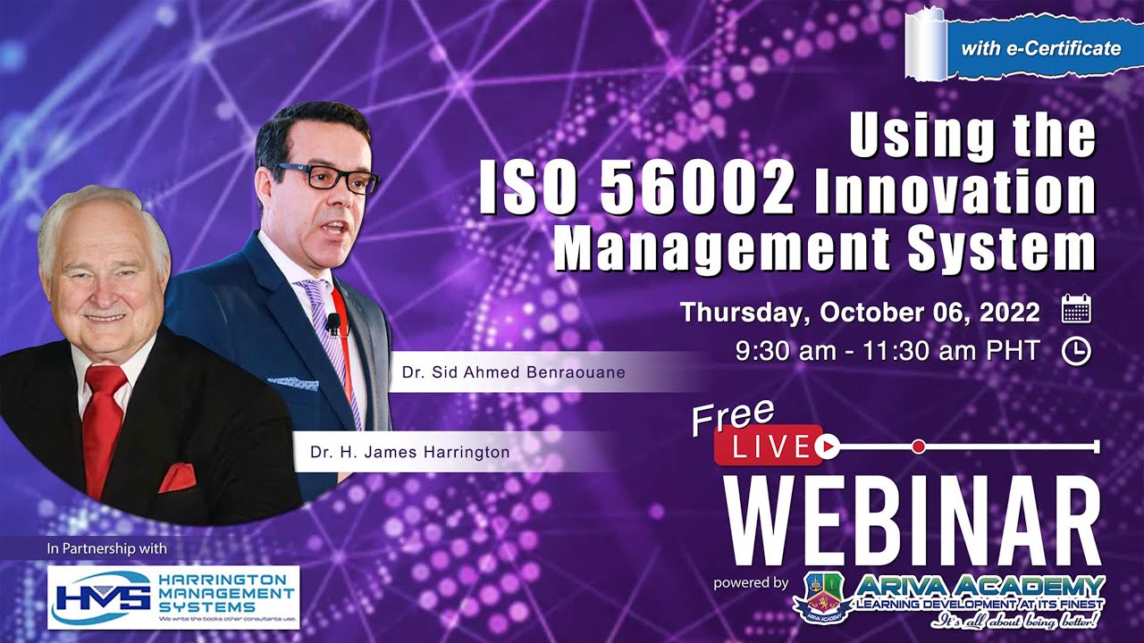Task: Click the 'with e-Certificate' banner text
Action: click(x=1039, y=48)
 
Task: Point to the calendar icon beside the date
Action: click(x=1076, y=311)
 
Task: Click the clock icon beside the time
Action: click(x=1076, y=352)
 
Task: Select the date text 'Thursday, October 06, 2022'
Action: click(x=859, y=313)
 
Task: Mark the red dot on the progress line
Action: click(x=918, y=445)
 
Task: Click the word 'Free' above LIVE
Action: click(x=732, y=416)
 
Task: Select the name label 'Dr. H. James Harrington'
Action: click(x=410, y=453)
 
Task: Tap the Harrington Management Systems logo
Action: click(x=172, y=597)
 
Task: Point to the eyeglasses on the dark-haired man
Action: click(x=330, y=176)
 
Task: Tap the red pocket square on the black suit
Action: click(x=177, y=478)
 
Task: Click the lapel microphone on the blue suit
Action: click(x=333, y=322)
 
